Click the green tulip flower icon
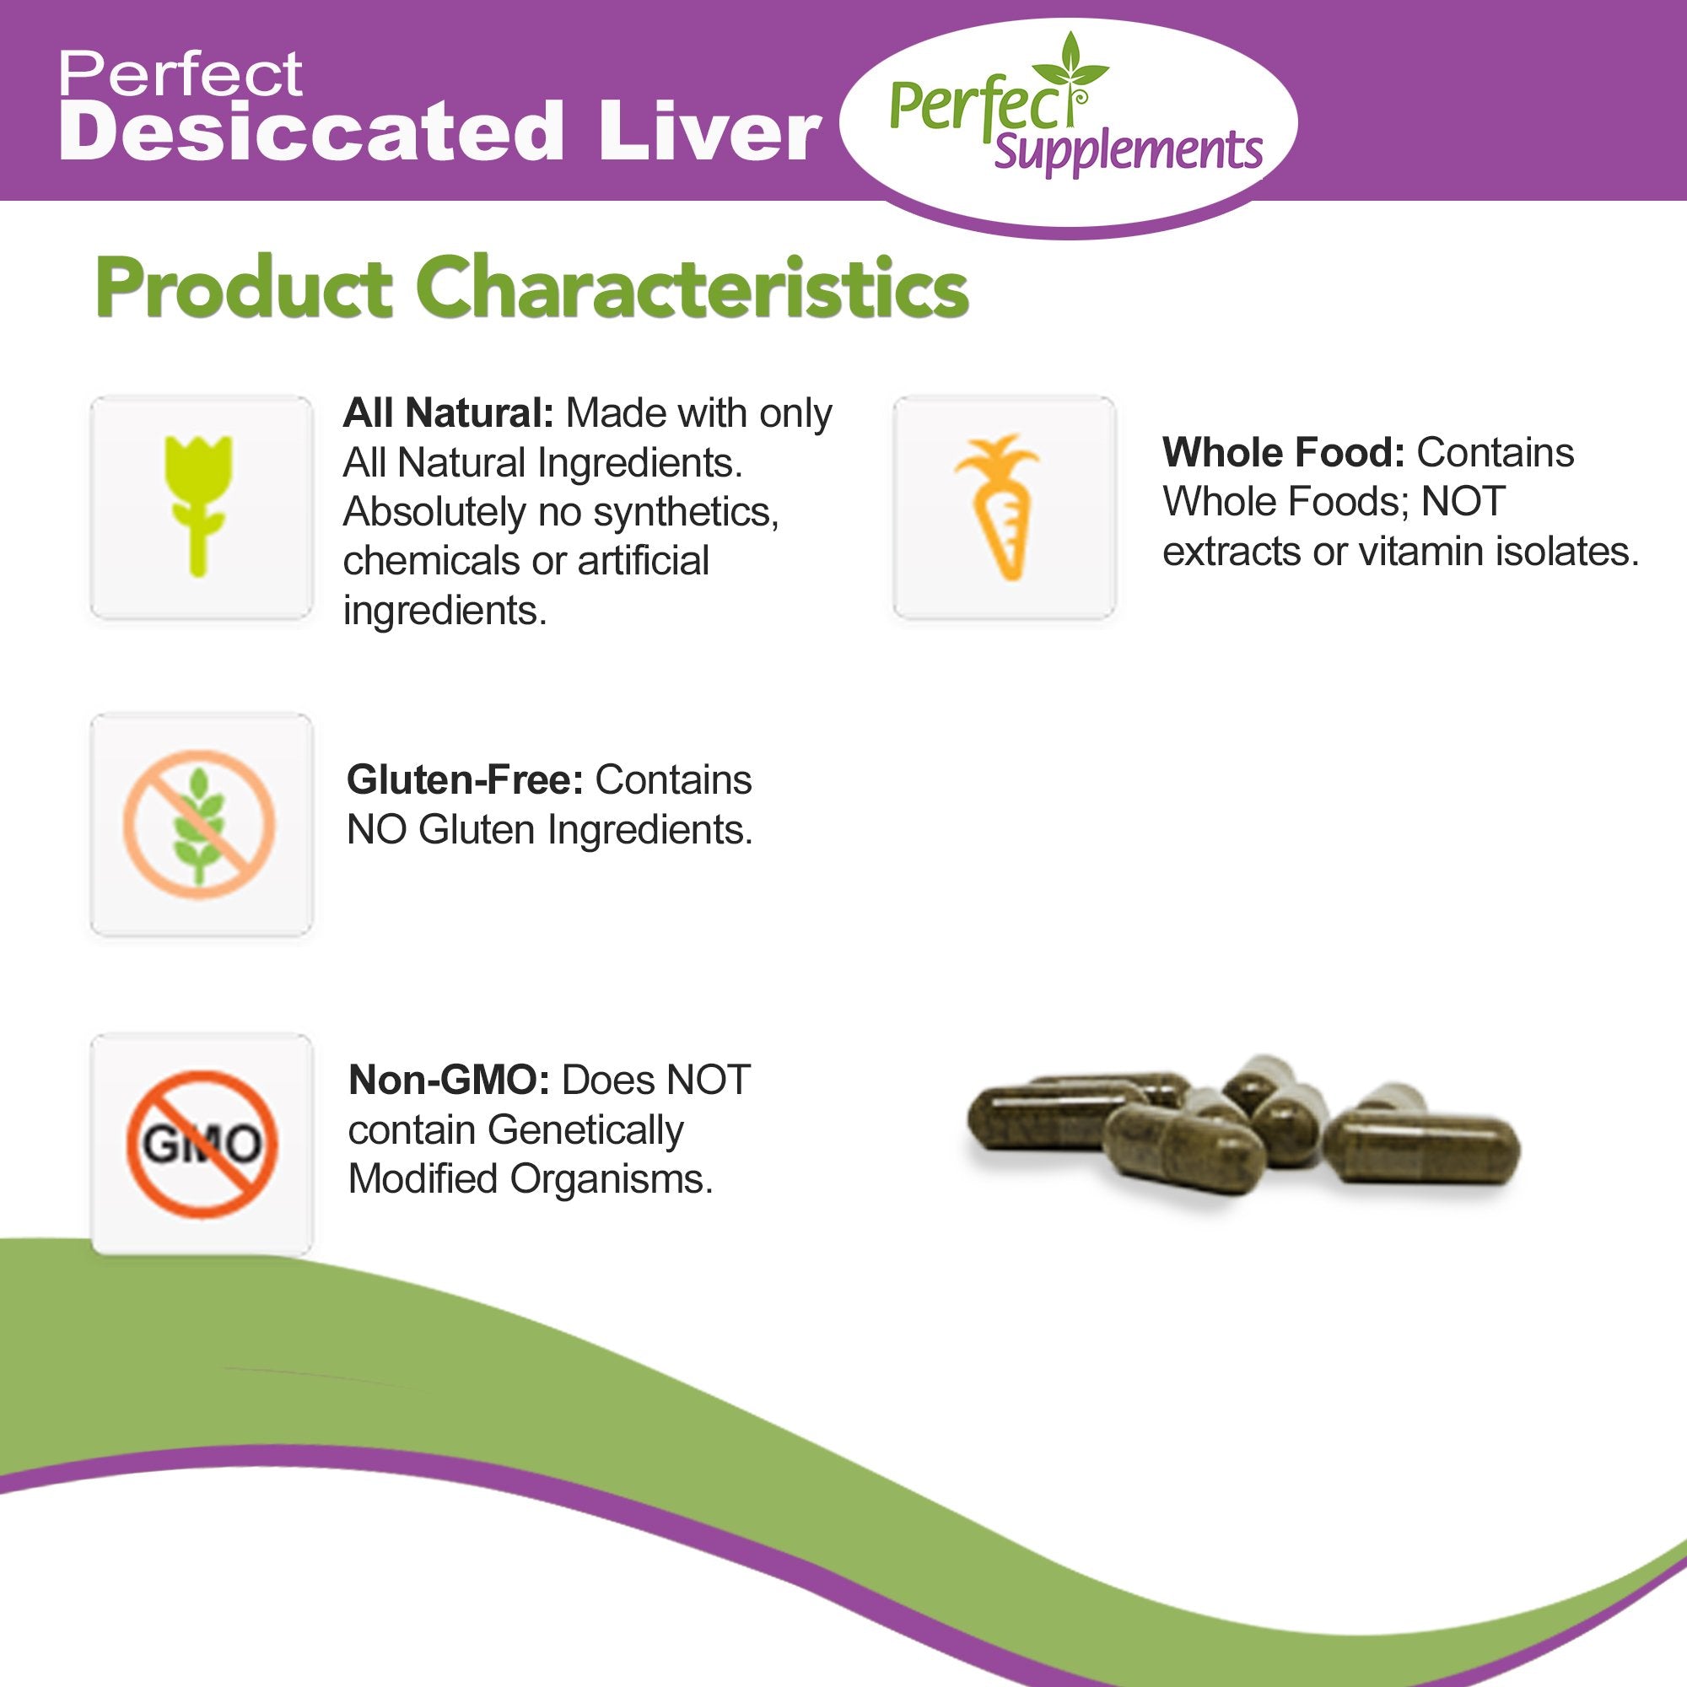pos(199,504)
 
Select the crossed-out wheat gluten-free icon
pos(199,823)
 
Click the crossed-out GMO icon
pos(202,1143)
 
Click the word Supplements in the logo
pos(1128,150)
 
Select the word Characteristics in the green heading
pos(692,288)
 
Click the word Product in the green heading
pos(243,288)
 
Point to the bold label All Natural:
pos(448,413)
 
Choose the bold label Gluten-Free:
pos(464,779)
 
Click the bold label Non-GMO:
pos(448,1081)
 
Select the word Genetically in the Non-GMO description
pos(585,1130)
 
